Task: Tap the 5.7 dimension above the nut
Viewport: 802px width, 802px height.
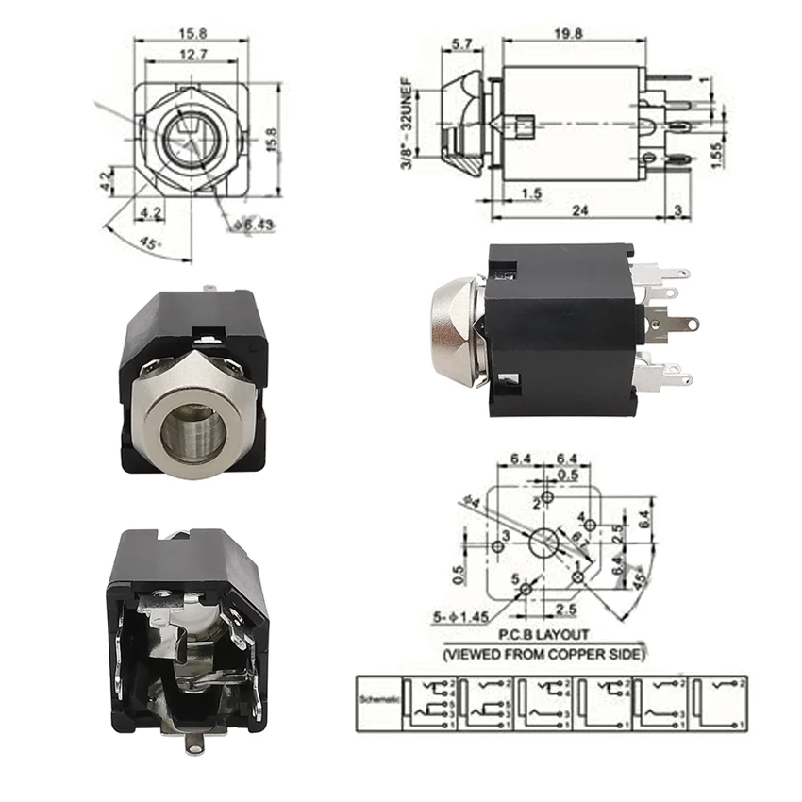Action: click(x=462, y=44)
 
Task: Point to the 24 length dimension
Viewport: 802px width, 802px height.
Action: click(x=579, y=211)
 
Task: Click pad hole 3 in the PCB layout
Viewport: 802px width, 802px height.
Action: click(x=498, y=546)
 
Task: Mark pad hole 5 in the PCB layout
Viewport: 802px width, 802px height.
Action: click(x=525, y=590)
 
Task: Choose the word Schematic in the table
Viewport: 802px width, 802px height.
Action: click(x=377, y=701)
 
